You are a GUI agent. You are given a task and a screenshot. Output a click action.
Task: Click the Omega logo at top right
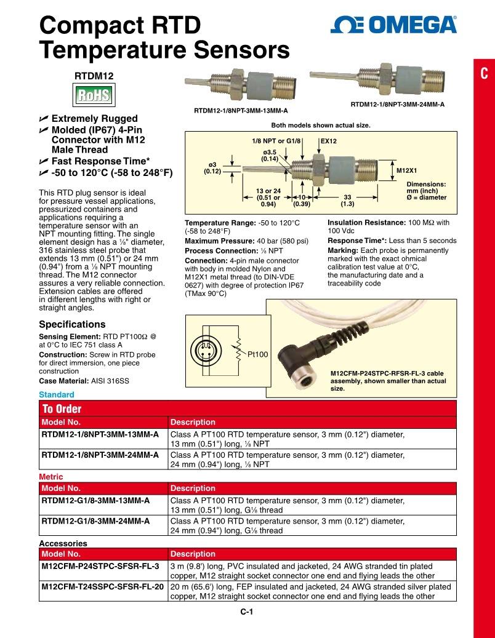(393, 25)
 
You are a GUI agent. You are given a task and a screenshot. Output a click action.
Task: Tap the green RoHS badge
(93, 95)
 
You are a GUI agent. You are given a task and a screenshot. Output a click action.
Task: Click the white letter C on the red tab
(484, 74)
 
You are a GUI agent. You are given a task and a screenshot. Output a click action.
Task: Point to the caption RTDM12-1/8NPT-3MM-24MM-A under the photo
(397, 104)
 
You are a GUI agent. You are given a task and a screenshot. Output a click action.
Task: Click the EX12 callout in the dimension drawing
(329, 141)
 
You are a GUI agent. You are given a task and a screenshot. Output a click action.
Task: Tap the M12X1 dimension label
(406, 170)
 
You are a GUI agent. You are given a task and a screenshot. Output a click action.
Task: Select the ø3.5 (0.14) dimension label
(270, 155)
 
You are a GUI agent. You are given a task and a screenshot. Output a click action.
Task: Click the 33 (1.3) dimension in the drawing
(347, 200)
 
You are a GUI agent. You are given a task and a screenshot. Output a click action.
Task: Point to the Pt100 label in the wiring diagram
(258, 354)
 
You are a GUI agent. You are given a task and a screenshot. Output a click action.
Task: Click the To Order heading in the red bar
(62, 409)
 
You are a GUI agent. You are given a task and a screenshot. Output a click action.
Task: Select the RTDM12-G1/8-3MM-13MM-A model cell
(95, 501)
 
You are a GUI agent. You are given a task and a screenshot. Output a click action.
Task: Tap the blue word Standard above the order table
(56, 394)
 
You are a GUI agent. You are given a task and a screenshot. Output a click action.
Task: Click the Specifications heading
(72, 324)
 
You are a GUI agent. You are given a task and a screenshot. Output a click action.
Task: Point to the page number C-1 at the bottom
(247, 612)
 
